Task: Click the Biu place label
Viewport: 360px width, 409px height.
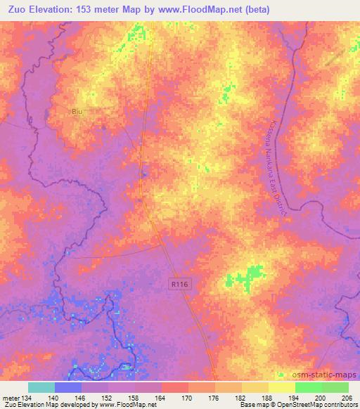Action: click(77, 112)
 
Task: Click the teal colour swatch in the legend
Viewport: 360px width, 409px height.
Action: click(41, 387)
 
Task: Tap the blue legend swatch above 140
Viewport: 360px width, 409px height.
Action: click(68, 387)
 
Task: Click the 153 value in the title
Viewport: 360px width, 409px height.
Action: click(86, 10)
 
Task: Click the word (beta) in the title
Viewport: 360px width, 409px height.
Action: click(271, 10)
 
